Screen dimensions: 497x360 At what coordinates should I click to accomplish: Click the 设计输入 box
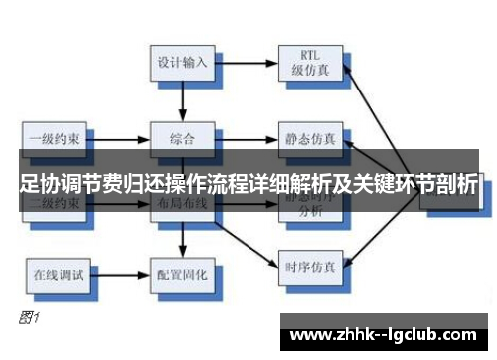[183, 61]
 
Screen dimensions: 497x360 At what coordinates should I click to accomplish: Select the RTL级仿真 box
[310, 61]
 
